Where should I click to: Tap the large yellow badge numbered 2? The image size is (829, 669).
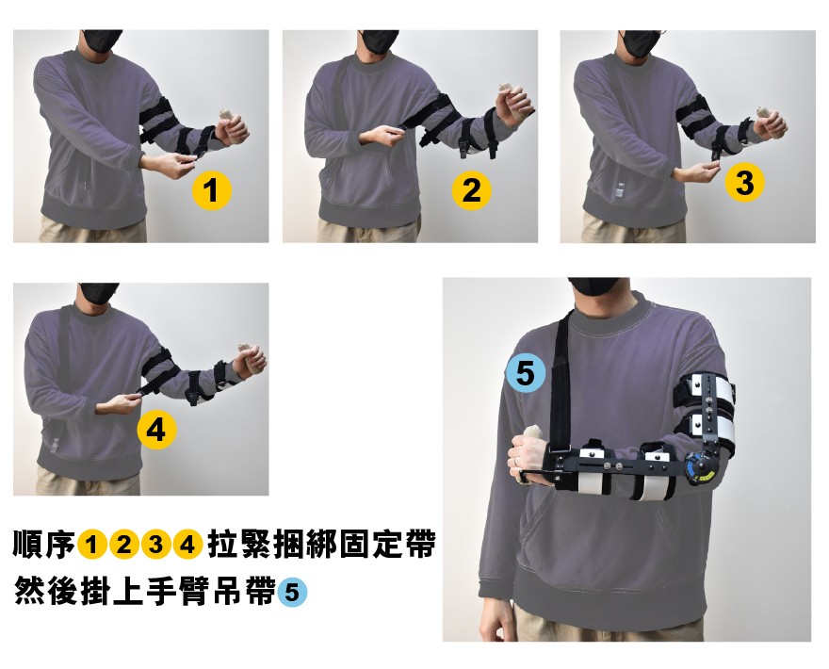pos(471,191)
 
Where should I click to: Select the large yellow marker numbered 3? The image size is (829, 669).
pos(744,183)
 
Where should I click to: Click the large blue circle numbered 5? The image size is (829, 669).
pos(526,374)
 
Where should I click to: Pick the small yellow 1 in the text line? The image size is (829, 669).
pos(92,545)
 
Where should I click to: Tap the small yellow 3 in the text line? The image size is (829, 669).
pos(156,545)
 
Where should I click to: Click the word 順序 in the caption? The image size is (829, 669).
pos(44,545)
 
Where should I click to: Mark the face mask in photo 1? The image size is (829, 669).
pos(103,41)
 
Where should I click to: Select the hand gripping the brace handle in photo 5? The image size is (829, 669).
pos(526,462)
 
